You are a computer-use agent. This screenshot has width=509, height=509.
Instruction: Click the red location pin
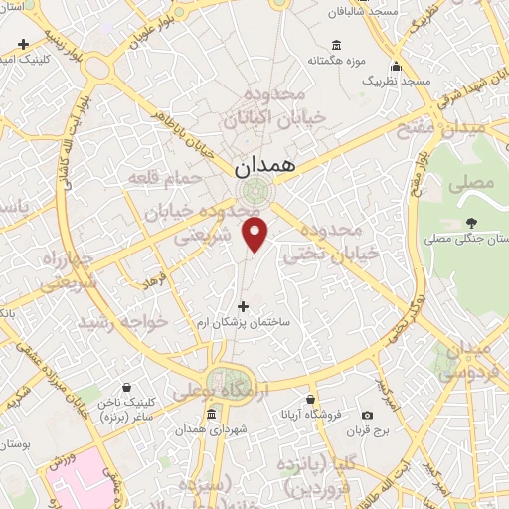(x=256, y=235)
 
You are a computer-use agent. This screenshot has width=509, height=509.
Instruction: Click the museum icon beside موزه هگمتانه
(x=335, y=46)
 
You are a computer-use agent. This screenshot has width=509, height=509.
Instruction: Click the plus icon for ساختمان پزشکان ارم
(x=244, y=306)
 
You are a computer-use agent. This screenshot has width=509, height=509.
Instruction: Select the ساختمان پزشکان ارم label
(x=244, y=324)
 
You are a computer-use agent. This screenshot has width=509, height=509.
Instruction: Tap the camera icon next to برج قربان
(x=368, y=415)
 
